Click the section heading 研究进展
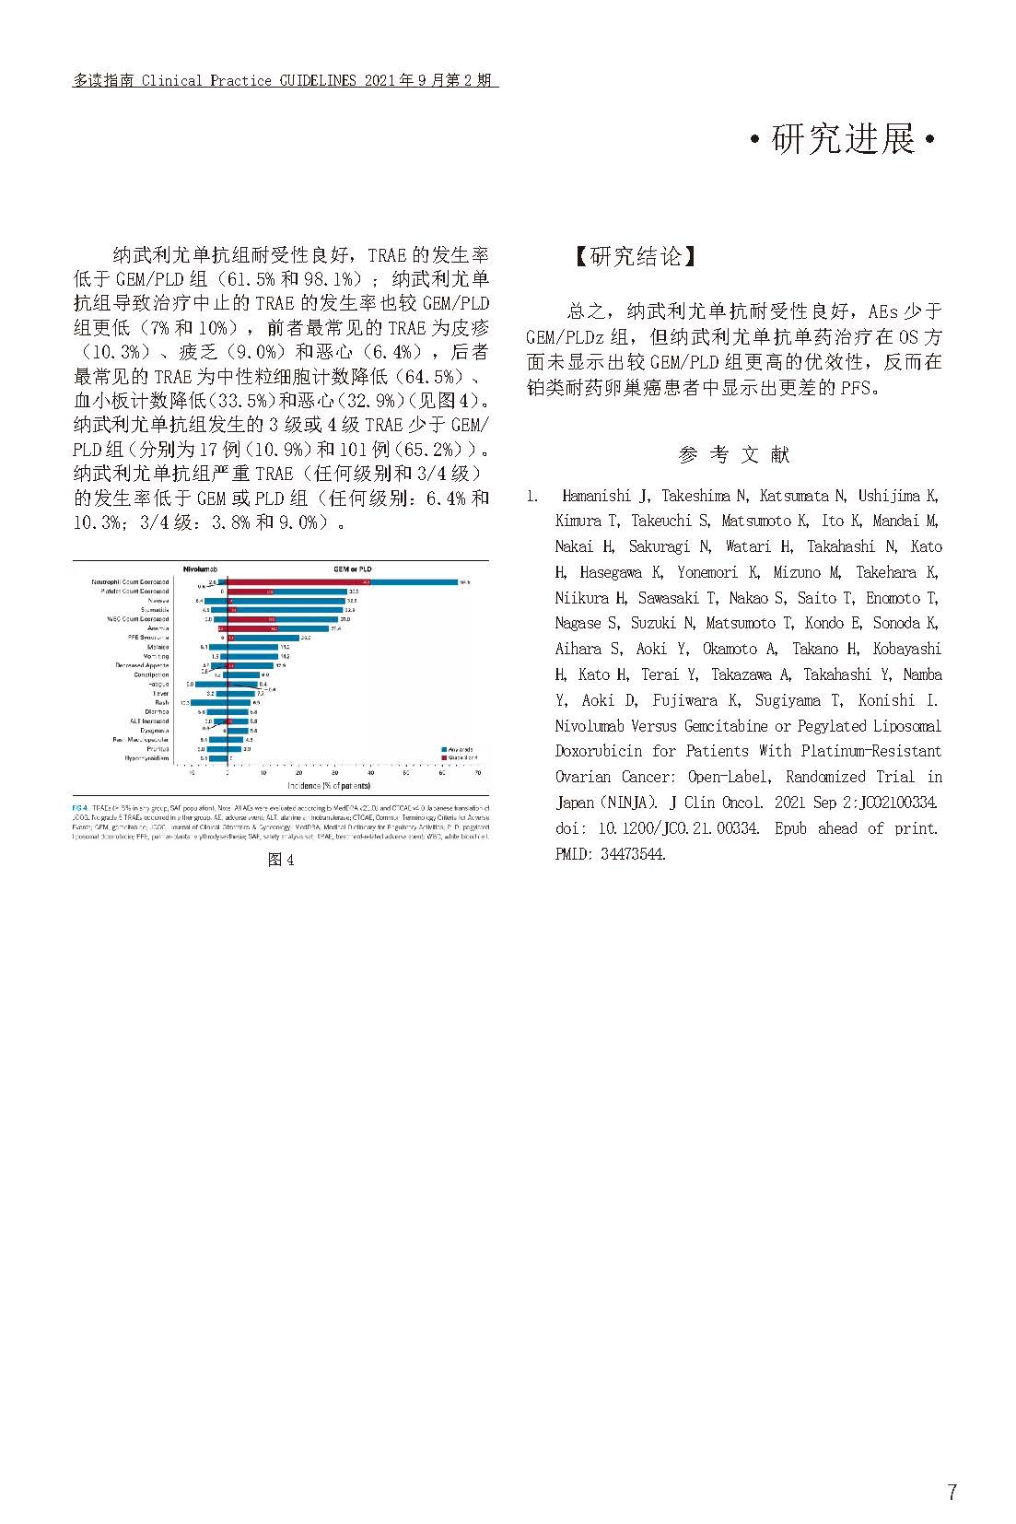(843, 140)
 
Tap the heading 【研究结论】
(636, 256)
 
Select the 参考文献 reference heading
(734, 454)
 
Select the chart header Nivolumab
(205, 569)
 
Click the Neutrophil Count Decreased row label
(131, 582)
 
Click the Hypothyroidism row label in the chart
(146, 758)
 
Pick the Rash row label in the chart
(161, 702)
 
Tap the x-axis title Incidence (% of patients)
(329, 785)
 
